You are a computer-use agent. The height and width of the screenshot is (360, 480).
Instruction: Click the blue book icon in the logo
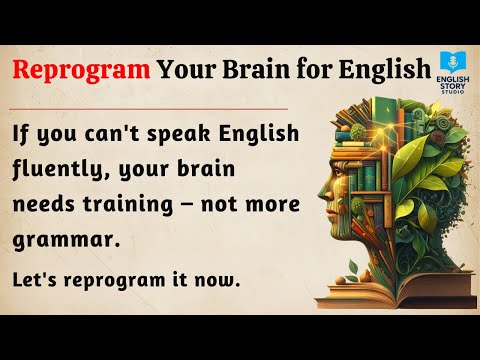point(449,59)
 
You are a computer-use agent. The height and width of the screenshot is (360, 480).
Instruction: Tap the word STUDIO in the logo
point(449,96)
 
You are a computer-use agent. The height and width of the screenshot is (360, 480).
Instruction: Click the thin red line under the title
point(150,106)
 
